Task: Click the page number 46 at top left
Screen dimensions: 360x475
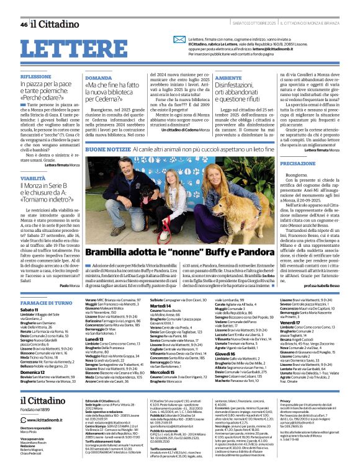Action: (24, 24)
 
